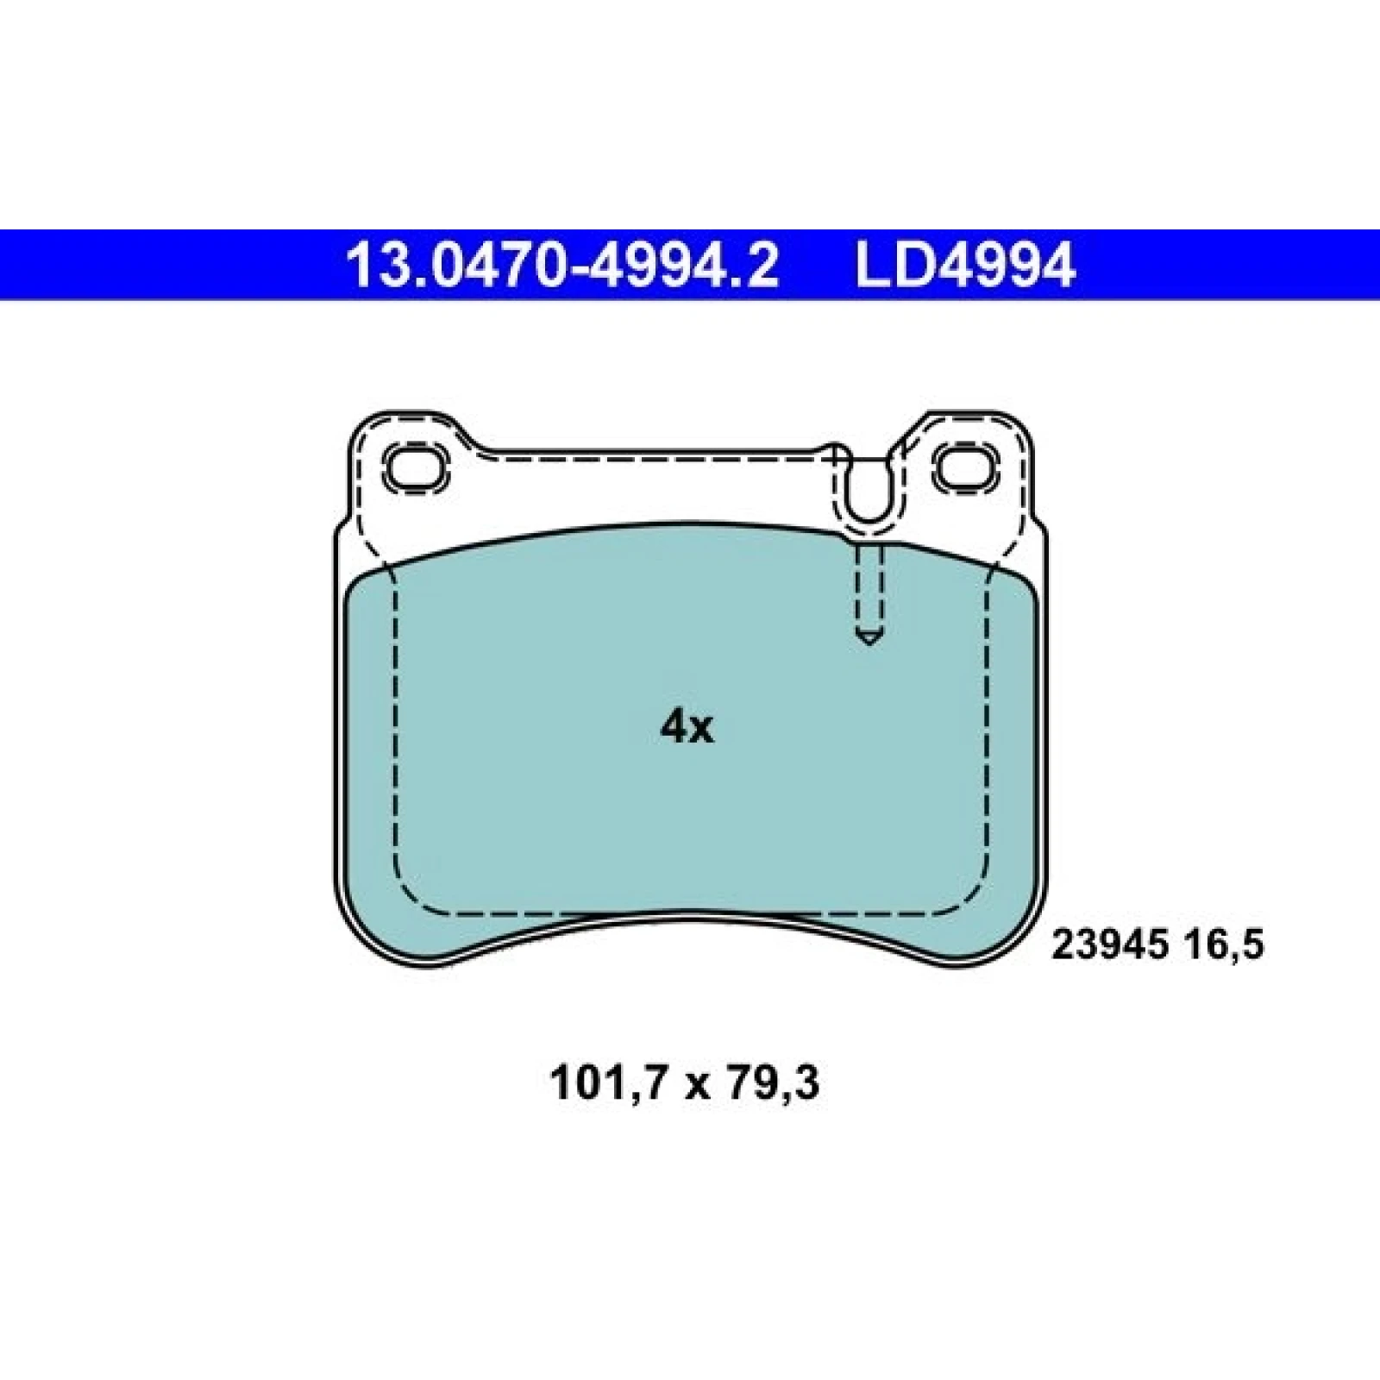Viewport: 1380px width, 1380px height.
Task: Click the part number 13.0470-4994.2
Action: point(562,265)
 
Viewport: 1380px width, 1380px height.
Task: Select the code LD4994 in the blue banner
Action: point(965,265)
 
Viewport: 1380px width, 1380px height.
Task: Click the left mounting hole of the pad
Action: point(417,467)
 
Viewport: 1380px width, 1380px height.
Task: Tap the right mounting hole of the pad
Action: point(964,467)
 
